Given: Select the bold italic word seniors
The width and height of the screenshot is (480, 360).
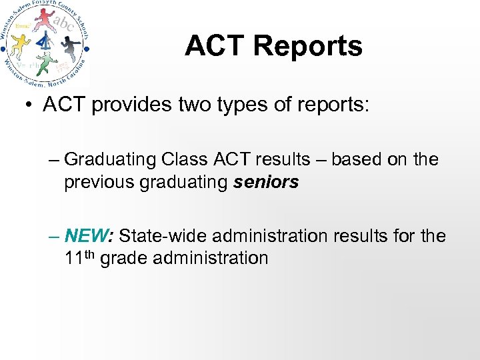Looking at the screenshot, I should coord(266,182).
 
